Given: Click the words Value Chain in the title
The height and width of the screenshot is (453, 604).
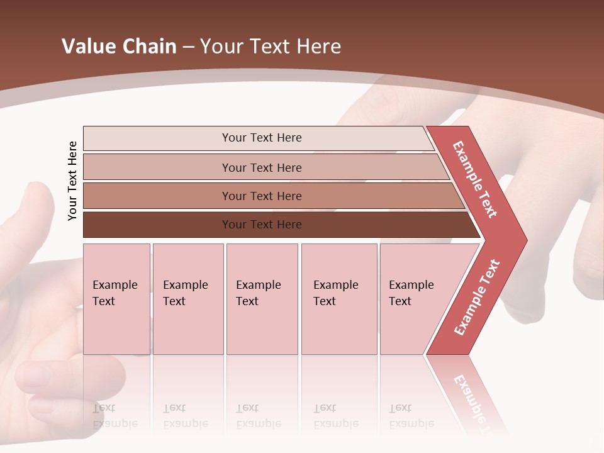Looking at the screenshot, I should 119,47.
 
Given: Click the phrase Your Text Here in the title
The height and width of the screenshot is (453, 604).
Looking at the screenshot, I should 271,47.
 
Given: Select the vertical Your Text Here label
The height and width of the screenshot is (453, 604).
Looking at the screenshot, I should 72,181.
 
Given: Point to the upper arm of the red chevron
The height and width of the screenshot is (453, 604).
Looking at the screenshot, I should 476,180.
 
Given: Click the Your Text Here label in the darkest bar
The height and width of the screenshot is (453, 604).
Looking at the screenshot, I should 262,225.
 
